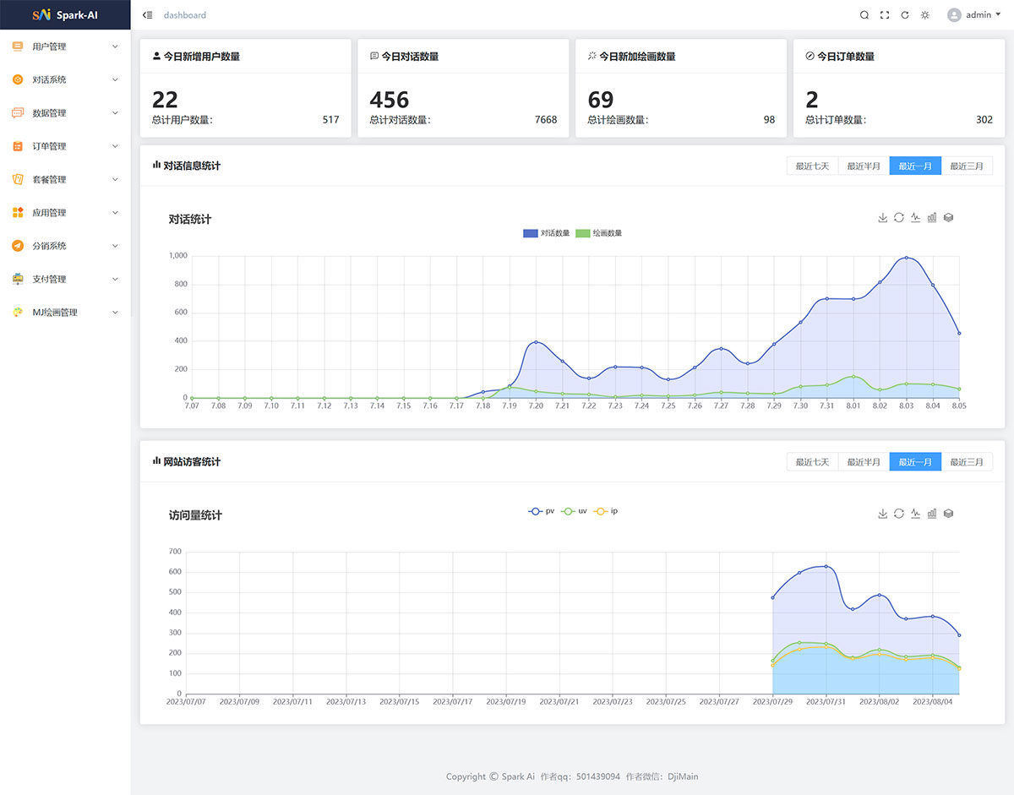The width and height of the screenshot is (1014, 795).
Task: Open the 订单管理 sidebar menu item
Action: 49,146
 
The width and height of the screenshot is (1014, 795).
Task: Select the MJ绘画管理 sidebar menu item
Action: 54,313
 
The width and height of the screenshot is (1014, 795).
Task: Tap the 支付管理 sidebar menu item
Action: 49,280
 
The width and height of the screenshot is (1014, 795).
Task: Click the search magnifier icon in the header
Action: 864,15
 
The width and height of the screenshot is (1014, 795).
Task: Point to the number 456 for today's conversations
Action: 389,100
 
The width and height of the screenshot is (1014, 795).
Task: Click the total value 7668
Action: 546,120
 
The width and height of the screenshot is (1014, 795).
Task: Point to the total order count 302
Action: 984,120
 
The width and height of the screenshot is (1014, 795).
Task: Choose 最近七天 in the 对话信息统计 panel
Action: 812,166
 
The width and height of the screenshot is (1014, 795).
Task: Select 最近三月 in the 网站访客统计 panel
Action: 967,462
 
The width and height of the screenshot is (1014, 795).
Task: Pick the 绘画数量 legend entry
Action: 598,233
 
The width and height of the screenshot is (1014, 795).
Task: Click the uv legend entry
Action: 575,511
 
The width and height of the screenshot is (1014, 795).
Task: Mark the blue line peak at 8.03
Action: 907,258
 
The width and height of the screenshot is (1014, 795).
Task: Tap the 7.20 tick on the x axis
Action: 536,406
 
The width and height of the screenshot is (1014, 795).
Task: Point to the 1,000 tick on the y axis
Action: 177,255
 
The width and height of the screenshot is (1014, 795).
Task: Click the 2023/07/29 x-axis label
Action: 772,701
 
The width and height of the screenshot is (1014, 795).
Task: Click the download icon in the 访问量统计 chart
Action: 883,514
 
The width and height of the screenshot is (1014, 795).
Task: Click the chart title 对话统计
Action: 190,220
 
